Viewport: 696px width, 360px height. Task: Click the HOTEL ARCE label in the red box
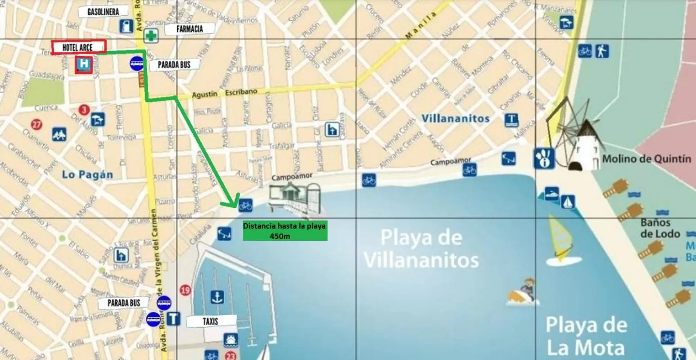click(78, 47)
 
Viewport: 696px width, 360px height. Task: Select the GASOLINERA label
click(103, 12)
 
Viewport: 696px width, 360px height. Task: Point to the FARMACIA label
click(190, 29)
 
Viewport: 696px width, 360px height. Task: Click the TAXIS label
click(210, 321)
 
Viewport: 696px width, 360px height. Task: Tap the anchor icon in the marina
click(217, 297)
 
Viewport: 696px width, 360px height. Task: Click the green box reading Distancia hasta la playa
click(285, 231)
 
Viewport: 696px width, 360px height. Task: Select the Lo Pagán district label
click(88, 175)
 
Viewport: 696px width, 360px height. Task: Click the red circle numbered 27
click(37, 125)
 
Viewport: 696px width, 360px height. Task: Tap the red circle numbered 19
click(185, 290)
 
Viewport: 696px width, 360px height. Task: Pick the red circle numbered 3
click(83, 109)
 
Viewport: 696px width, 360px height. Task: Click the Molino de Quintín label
click(646, 159)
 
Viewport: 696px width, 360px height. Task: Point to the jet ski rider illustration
click(524, 292)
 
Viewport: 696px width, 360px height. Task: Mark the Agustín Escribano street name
click(225, 93)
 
